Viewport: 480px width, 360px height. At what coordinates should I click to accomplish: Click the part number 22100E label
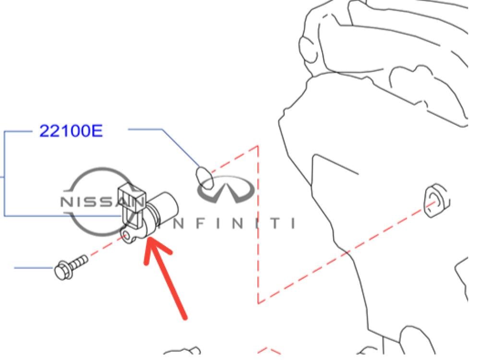click(x=71, y=131)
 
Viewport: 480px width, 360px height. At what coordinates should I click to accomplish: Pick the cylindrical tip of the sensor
click(x=166, y=207)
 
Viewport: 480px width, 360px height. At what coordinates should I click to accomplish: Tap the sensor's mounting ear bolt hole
click(x=126, y=235)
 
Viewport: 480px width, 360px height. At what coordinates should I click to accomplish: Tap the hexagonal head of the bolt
click(x=61, y=272)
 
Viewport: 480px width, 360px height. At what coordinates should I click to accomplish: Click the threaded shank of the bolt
click(x=80, y=262)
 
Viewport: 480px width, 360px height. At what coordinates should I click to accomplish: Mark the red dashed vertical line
click(x=258, y=226)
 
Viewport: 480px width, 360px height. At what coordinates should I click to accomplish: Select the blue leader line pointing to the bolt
click(x=34, y=267)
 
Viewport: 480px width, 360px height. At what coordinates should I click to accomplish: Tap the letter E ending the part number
click(x=96, y=131)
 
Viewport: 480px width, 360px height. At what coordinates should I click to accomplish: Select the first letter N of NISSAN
click(x=65, y=202)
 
